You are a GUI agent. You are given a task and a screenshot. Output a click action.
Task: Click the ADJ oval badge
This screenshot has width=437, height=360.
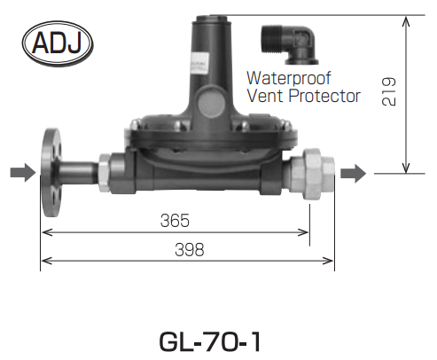(x=58, y=43)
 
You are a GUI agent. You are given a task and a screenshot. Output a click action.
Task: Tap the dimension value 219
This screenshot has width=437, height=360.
(x=388, y=91)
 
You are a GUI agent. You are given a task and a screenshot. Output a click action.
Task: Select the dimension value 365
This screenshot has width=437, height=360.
(x=175, y=221)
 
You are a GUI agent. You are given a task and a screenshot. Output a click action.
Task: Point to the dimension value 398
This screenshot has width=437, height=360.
(x=190, y=250)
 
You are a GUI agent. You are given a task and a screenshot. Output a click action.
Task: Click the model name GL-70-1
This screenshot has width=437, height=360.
(x=210, y=341)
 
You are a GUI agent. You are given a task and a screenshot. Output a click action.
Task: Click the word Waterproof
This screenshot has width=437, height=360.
(x=289, y=78)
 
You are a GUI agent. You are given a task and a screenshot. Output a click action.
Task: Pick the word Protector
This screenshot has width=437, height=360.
(x=324, y=96)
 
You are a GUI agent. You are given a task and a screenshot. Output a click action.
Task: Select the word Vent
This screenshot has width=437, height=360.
(x=266, y=96)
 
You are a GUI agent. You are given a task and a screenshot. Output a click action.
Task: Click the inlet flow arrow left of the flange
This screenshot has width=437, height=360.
(x=23, y=173)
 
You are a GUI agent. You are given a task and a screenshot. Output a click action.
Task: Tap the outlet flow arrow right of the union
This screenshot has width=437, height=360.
(x=354, y=174)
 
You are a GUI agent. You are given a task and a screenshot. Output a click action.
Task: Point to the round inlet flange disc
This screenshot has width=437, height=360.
(x=51, y=173)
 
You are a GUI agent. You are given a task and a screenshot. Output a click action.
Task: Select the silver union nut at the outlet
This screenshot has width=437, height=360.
(x=313, y=175)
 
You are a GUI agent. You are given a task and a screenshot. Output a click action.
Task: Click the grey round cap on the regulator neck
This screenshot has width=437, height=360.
(x=212, y=102)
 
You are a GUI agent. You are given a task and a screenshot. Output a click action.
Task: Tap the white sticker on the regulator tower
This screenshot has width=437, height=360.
(x=199, y=64)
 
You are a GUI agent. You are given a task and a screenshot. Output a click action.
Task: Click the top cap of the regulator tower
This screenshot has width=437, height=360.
(x=209, y=20)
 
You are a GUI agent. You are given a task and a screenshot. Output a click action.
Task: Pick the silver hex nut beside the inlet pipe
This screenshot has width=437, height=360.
(x=105, y=173)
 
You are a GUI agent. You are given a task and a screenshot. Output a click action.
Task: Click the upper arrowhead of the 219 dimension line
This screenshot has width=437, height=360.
(x=407, y=21)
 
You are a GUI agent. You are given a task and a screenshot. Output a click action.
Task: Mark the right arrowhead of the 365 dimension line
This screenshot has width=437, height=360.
(x=303, y=232)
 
